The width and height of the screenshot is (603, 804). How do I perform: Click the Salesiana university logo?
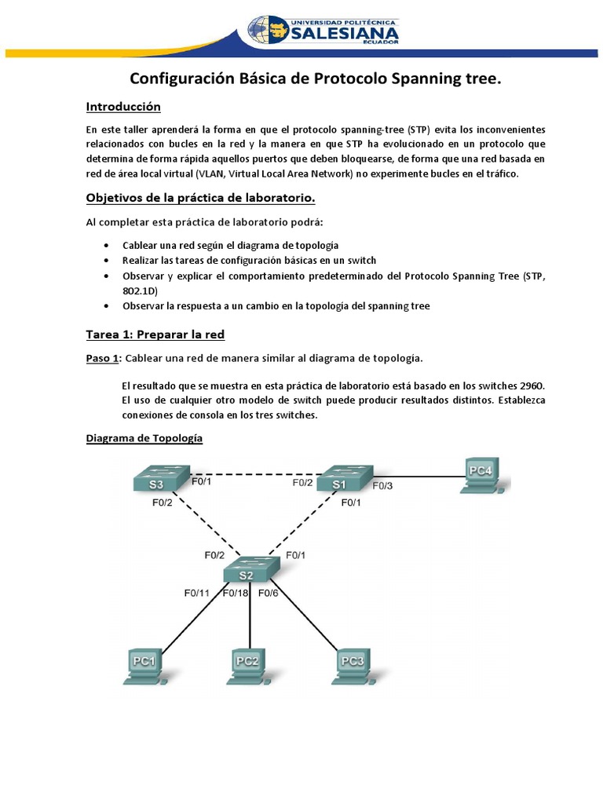(323, 30)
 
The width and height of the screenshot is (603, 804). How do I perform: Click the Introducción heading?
(123, 106)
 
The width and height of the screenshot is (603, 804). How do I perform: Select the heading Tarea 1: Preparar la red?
(155, 334)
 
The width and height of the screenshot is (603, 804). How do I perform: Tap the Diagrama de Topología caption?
(144, 438)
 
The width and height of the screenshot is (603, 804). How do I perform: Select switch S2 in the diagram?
(250, 571)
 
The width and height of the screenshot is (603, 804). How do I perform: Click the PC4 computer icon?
(481, 473)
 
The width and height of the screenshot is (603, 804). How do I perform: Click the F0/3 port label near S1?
(383, 486)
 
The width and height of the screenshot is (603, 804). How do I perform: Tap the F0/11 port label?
(197, 593)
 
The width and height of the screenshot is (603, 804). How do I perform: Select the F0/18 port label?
(236, 593)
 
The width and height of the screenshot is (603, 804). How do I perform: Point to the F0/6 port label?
(269, 593)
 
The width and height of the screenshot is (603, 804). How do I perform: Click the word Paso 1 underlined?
(103, 358)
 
